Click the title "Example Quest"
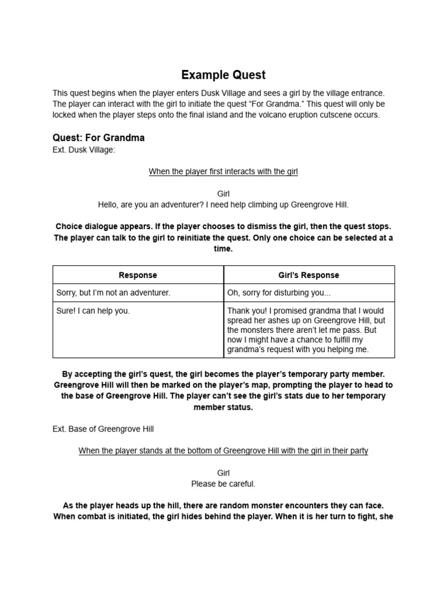click(x=223, y=75)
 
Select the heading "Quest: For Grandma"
click(x=98, y=138)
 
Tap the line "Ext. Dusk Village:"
click(x=84, y=150)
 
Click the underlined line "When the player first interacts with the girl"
click(x=223, y=171)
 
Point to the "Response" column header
click(x=138, y=275)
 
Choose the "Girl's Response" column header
click(x=309, y=275)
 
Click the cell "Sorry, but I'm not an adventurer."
click(x=113, y=293)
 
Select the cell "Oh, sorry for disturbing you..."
click(x=279, y=293)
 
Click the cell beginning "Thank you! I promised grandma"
click(x=306, y=330)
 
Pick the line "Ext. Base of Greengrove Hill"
click(x=103, y=429)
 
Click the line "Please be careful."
click(x=223, y=484)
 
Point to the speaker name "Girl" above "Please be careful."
click(x=223, y=473)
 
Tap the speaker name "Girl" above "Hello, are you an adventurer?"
click(x=223, y=194)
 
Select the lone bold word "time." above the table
click(x=223, y=248)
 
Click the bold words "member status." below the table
click(x=223, y=407)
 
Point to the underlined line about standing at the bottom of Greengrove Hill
click(x=223, y=451)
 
